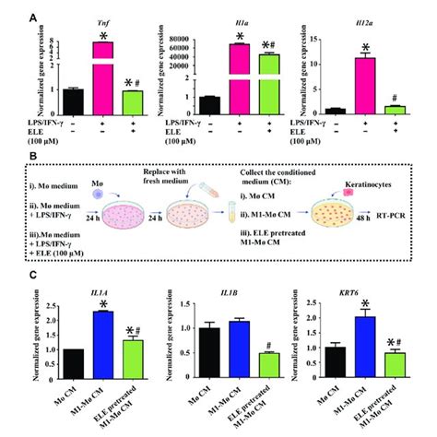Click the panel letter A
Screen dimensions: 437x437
click(x=35, y=17)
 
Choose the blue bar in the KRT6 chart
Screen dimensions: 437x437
click(x=367, y=348)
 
